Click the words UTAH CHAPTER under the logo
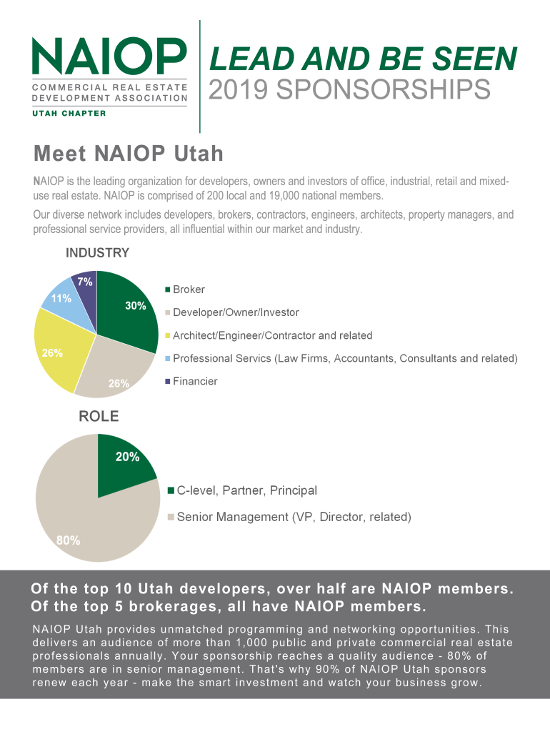(x=69, y=113)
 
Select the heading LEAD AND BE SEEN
(x=362, y=59)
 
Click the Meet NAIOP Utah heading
(x=129, y=154)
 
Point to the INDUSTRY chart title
(x=97, y=253)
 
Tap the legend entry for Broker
(x=189, y=290)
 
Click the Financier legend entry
(x=195, y=381)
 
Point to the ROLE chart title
(x=99, y=417)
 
